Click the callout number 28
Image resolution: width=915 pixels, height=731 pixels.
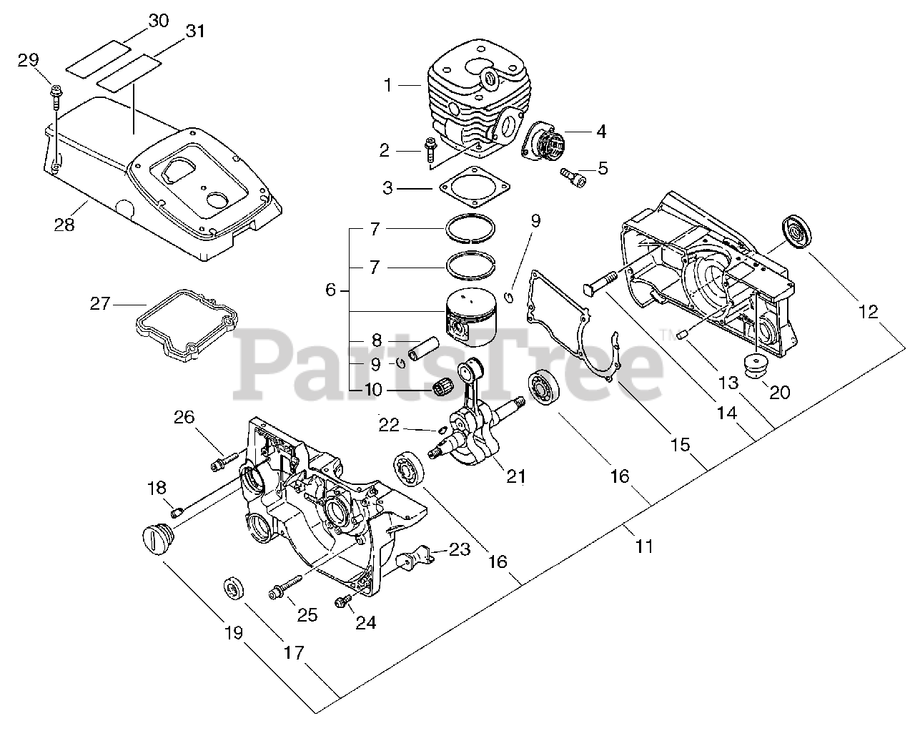[64, 225]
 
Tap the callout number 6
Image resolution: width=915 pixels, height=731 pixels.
[330, 290]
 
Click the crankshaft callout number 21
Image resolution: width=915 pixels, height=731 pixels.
[516, 476]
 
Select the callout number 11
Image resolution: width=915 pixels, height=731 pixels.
[644, 546]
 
